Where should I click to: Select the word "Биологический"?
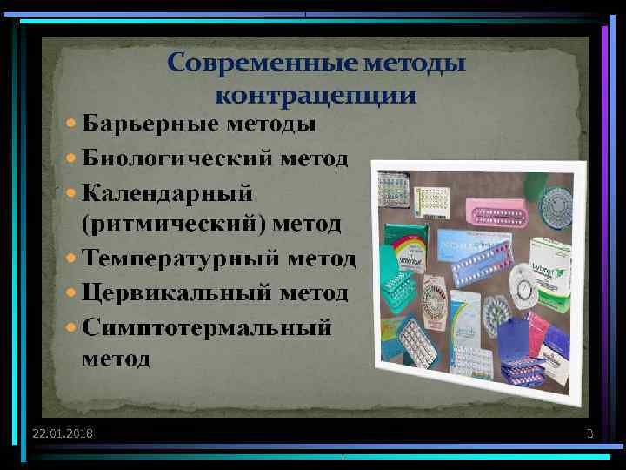tap(179, 159)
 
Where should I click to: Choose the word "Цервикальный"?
tap(180, 292)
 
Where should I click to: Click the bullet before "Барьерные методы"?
tap(72, 125)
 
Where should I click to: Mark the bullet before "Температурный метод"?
tap(72, 259)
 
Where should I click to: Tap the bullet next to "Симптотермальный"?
tap(72, 328)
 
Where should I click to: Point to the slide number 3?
tap(589, 433)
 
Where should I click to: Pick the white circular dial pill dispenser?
tap(522, 287)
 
